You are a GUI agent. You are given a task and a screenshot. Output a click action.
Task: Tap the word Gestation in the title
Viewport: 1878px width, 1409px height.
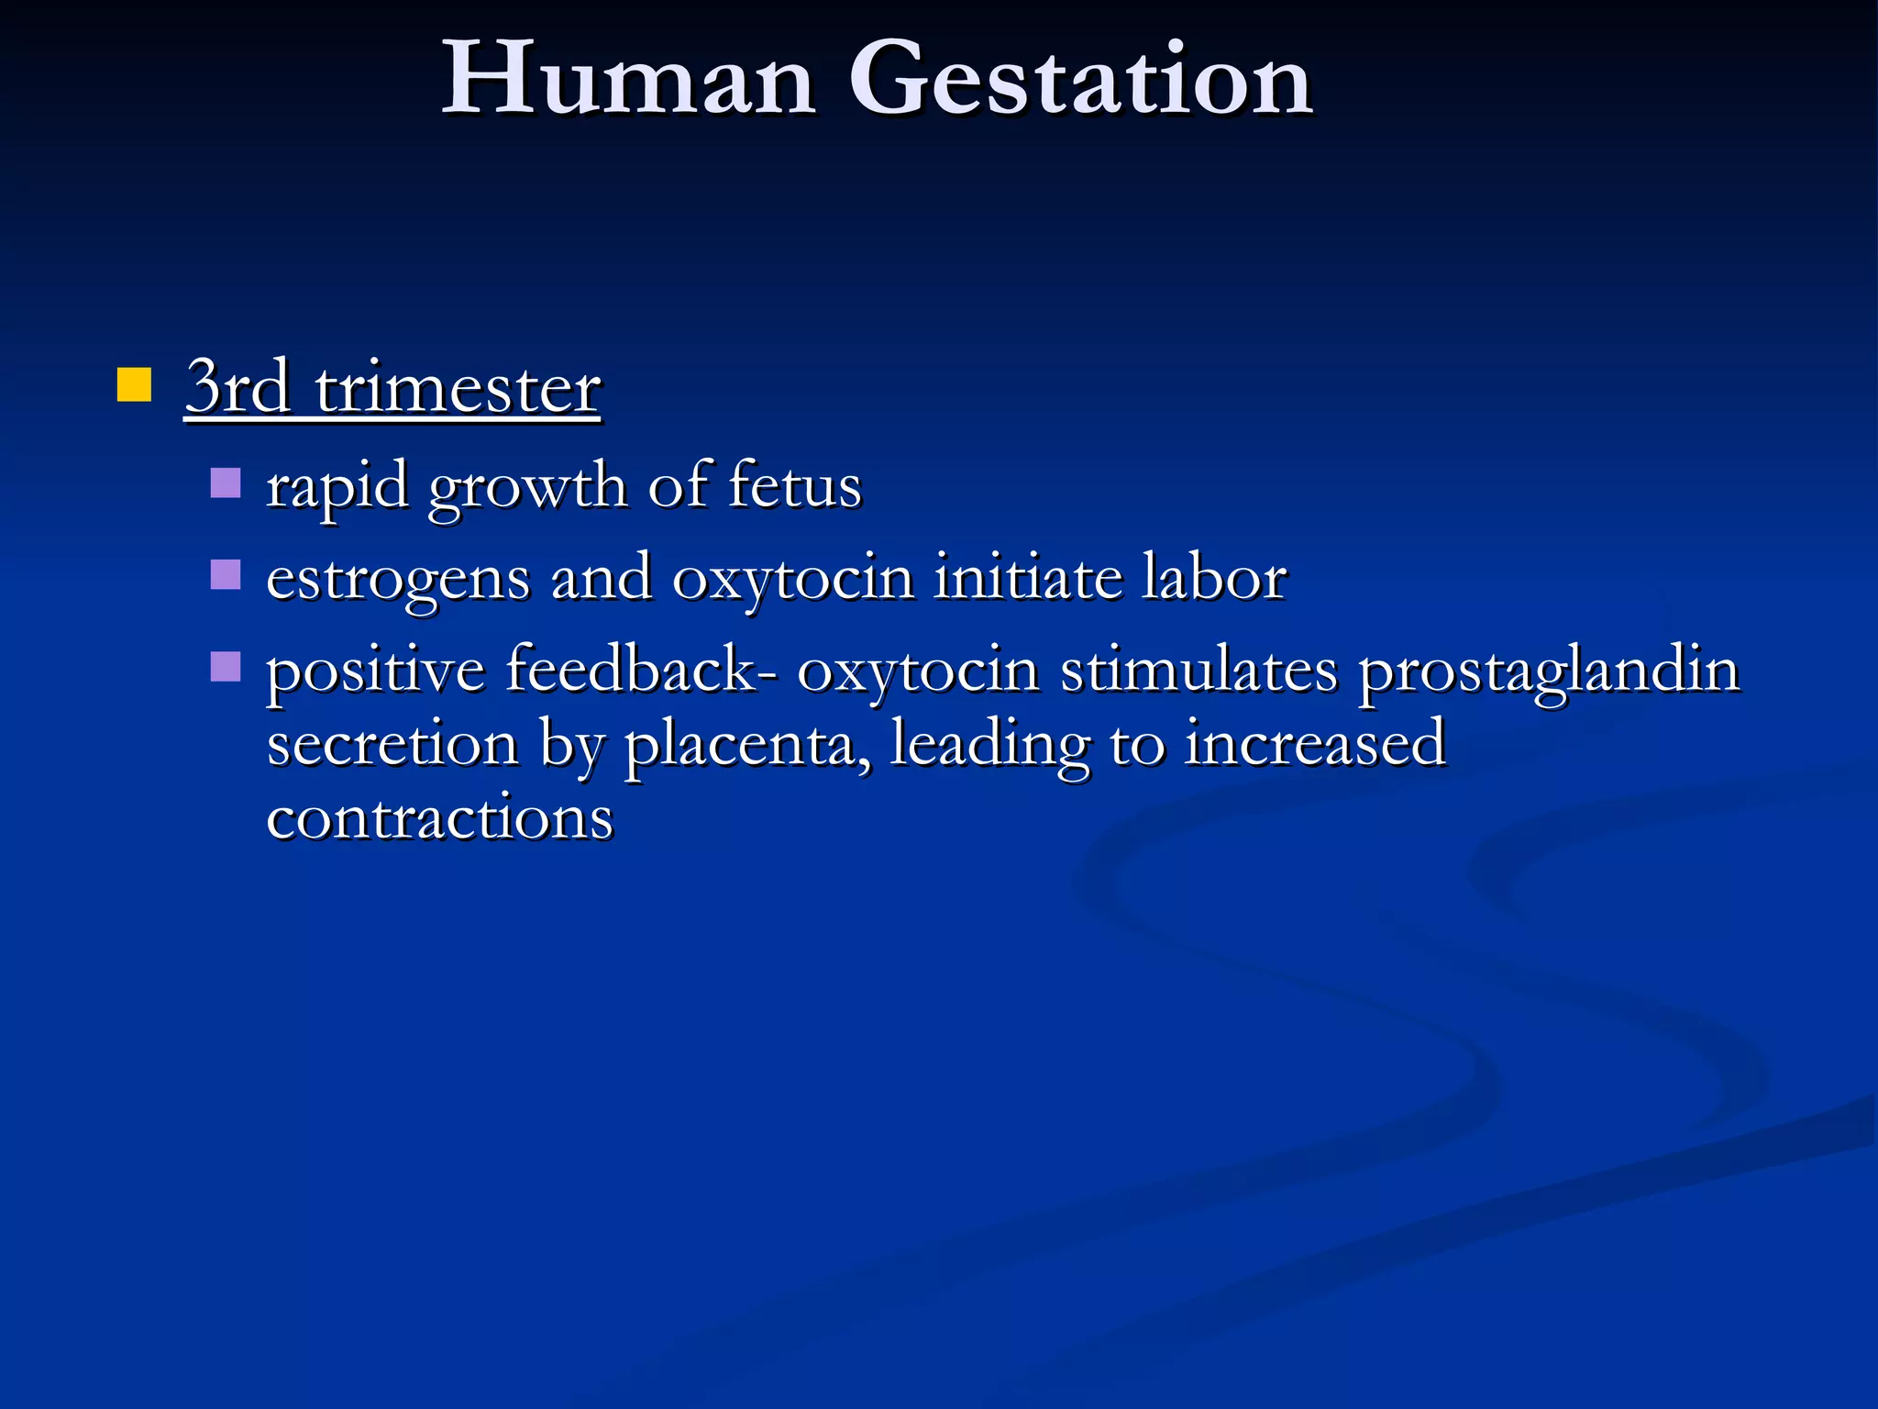(x=1082, y=81)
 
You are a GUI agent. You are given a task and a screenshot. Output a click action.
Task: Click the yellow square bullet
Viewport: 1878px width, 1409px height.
(x=134, y=385)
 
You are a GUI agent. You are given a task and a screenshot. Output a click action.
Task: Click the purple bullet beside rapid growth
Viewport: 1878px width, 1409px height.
(x=225, y=483)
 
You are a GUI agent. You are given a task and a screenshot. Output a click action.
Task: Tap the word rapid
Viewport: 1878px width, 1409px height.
(x=337, y=486)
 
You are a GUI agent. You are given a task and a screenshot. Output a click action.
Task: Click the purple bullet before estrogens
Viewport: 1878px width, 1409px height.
(x=225, y=575)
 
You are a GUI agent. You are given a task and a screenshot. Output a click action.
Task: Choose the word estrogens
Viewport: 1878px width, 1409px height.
(x=398, y=580)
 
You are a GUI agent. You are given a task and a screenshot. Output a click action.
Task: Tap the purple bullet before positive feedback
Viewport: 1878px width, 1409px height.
(x=225, y=667)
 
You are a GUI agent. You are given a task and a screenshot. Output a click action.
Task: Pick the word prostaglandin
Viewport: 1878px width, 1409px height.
(x=1549, y=671)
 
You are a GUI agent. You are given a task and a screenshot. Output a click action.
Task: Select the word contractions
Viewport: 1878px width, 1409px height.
(x=439, y=817)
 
